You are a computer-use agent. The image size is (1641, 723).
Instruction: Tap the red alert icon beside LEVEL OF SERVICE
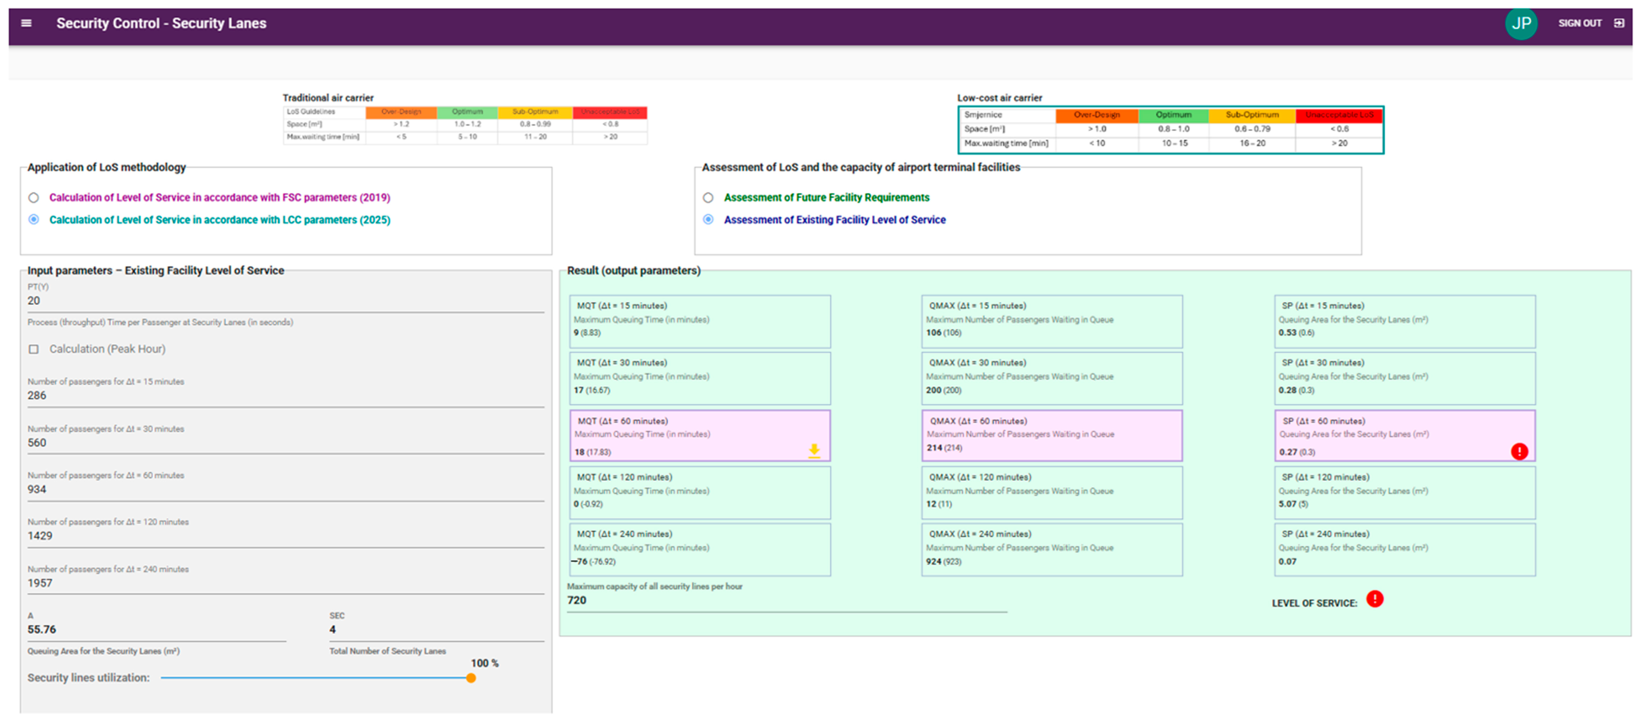point(1375,599)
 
